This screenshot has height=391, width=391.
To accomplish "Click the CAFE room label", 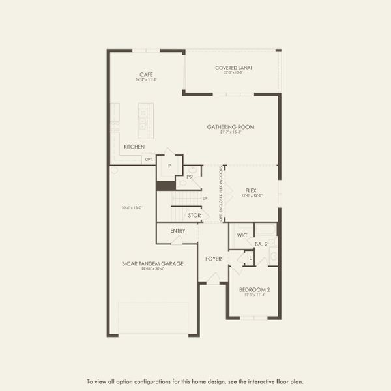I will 146,74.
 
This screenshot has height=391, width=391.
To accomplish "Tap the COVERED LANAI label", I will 233,68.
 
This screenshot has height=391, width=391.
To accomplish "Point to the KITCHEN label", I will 134,147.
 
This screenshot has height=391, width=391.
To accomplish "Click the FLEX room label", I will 251,190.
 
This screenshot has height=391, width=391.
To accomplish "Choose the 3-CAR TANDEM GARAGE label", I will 152,263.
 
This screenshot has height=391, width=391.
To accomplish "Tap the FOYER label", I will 214,259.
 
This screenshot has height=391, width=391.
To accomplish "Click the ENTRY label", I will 177,231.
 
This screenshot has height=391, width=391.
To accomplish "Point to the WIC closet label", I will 242,235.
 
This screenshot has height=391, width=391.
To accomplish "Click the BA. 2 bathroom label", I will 262,244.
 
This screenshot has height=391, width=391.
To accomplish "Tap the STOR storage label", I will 194,215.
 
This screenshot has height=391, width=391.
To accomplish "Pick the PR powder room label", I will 189,177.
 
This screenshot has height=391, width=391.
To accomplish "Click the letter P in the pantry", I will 169,166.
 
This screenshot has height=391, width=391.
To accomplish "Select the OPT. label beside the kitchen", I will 149,159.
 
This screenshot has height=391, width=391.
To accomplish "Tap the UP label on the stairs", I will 205,198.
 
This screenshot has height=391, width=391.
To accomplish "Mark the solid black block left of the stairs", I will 165,186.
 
